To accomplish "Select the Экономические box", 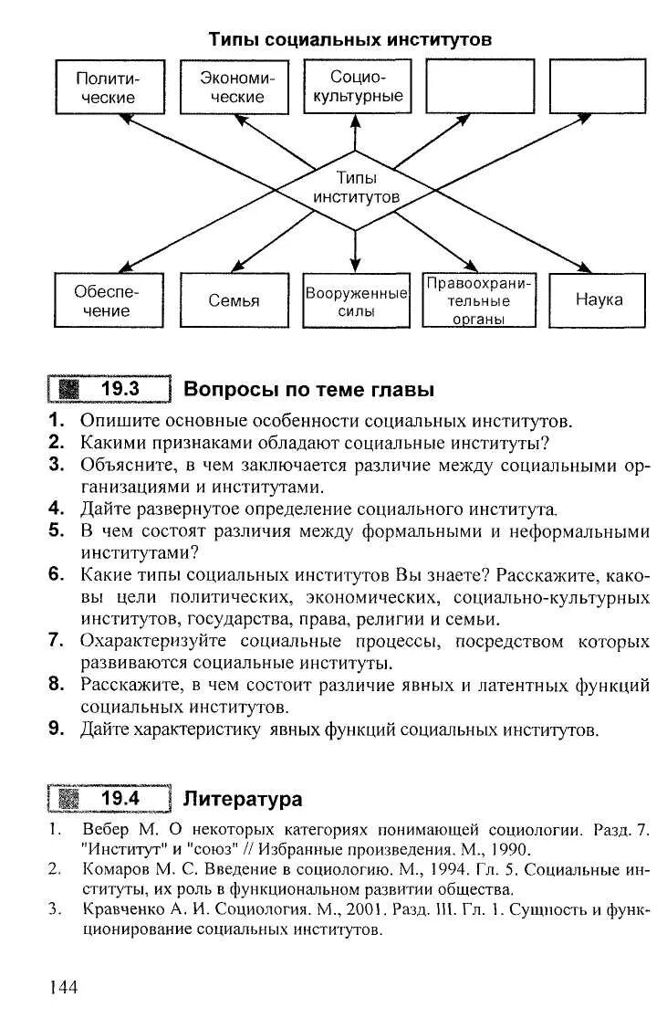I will pos(232,87).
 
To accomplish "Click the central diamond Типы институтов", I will pos(356,187).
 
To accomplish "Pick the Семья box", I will pos(234,300).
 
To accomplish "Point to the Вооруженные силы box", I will pos(356,300).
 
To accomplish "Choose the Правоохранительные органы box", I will pos(479,300).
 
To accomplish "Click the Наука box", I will pos(599,300).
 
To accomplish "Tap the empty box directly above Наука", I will pos(599,87).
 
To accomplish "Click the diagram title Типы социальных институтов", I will pos(350,40).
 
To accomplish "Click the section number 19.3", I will pos(120,389).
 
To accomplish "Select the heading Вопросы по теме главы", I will pos(309,390).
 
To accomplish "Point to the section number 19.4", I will pos(120,799).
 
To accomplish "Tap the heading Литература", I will pos(243,800).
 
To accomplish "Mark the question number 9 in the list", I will pos(56,729).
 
